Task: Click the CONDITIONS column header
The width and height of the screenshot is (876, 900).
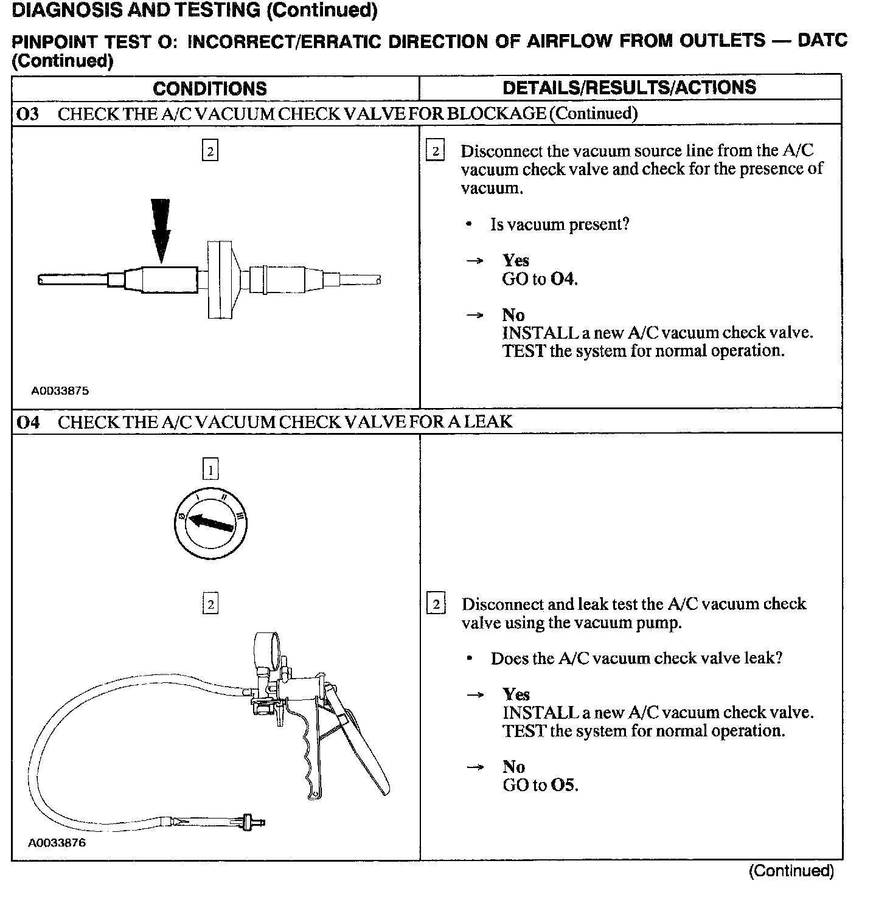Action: click(210, 88)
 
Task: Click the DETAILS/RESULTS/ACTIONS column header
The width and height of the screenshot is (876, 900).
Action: click(629, 87)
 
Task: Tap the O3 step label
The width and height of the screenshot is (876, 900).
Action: click(28, 114)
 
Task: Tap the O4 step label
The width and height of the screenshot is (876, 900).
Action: click(28, 422)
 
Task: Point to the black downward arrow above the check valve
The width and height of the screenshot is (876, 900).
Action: click(161, 231)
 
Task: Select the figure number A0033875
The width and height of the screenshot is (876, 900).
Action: click(60, 391)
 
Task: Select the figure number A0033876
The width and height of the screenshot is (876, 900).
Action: click(57, 843)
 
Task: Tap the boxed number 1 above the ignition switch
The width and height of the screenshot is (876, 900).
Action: click(210, 469)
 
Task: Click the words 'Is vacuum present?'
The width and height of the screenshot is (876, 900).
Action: click(560, 224)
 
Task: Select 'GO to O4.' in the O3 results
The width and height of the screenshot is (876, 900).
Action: click(540, 279)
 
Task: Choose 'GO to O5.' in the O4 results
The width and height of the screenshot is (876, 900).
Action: click(540, 785)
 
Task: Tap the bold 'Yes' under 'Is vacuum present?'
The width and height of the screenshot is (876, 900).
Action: click(516, 261)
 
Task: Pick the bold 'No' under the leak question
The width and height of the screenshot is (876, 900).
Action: click(513, 767)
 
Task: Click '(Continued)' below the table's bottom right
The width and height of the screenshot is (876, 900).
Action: click(791, 871)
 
